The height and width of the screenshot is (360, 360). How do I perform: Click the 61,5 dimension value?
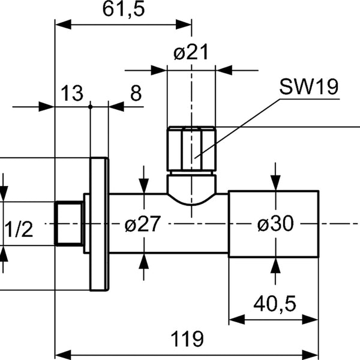click(x=124, y=9)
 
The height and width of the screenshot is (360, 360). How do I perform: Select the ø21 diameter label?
click(x=191, y=52)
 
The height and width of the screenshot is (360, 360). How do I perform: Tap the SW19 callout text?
click(x=309, y=86)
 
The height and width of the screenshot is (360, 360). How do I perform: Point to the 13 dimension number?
click(x=72, y=93)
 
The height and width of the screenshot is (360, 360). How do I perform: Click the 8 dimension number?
click(x=136, y=93)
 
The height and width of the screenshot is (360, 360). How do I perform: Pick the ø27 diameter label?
click(x=142, y=224)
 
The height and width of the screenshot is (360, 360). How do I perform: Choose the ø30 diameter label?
click(x=275, y=223)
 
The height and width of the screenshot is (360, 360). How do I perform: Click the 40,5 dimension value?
click(x=275, y=304)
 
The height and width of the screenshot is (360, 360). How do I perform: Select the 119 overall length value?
click(x=187, y=339)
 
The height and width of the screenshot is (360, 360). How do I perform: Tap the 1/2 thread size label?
click(x=19, y=229)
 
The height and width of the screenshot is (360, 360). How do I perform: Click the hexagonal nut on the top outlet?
click(x=191, y=149)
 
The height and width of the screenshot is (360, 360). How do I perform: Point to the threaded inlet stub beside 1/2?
click(x=70, y=223)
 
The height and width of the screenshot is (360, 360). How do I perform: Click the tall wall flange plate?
click(x=99, y=224)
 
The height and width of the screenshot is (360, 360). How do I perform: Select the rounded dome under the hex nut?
click(x=191, y=190)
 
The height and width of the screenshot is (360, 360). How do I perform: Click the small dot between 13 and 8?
click(x=90, y=107)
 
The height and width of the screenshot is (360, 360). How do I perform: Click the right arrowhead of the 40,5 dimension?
click(x=310, y=320)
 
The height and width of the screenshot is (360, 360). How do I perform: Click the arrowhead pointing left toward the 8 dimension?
click(x=116, y=107)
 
